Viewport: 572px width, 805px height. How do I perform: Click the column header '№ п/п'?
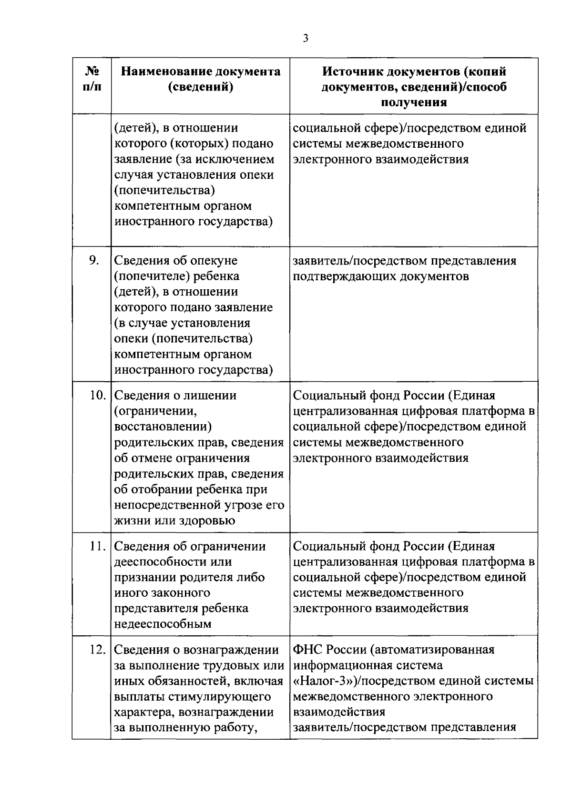pyautogui.click(x=92, y=79)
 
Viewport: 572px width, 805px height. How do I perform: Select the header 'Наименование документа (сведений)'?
pyautogui.click(x=200, y=79)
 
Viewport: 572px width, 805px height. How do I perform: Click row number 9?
pyautogui.click(x=94, y=260)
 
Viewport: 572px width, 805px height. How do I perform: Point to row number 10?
pyautogui.click(x=97, y=395)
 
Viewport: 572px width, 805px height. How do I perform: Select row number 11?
pyautogui.click(x=97, y=546)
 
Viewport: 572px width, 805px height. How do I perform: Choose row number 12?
pyautogui.click(x=97, y=650)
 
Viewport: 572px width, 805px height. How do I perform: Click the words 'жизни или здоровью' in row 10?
pyautogui.click(x=175, y=520)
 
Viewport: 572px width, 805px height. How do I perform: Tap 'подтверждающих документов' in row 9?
pyautogui.click(x=380, y=276)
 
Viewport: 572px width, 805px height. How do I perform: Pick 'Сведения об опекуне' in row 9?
pyautogui.click(x=176, y=261)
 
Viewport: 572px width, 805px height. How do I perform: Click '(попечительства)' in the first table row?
pyautogui.click(x=165, y=191)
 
